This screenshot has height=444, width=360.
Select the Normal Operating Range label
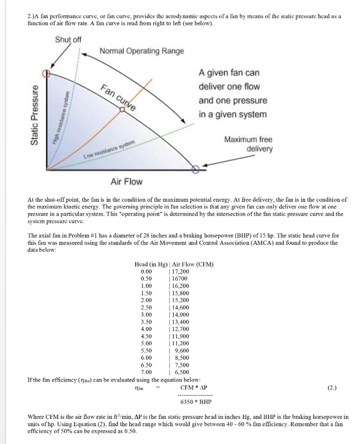(142, 51)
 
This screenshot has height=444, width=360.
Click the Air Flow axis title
(126, 182)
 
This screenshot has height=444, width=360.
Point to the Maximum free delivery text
(248, 144)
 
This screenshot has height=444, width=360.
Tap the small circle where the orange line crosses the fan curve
(123, 110)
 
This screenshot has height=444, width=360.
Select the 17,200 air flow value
(180, 271)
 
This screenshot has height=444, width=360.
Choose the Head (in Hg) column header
(150, 264)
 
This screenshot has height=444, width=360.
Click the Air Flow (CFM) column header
(192, 264)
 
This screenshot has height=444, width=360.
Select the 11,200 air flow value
(180, 343)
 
